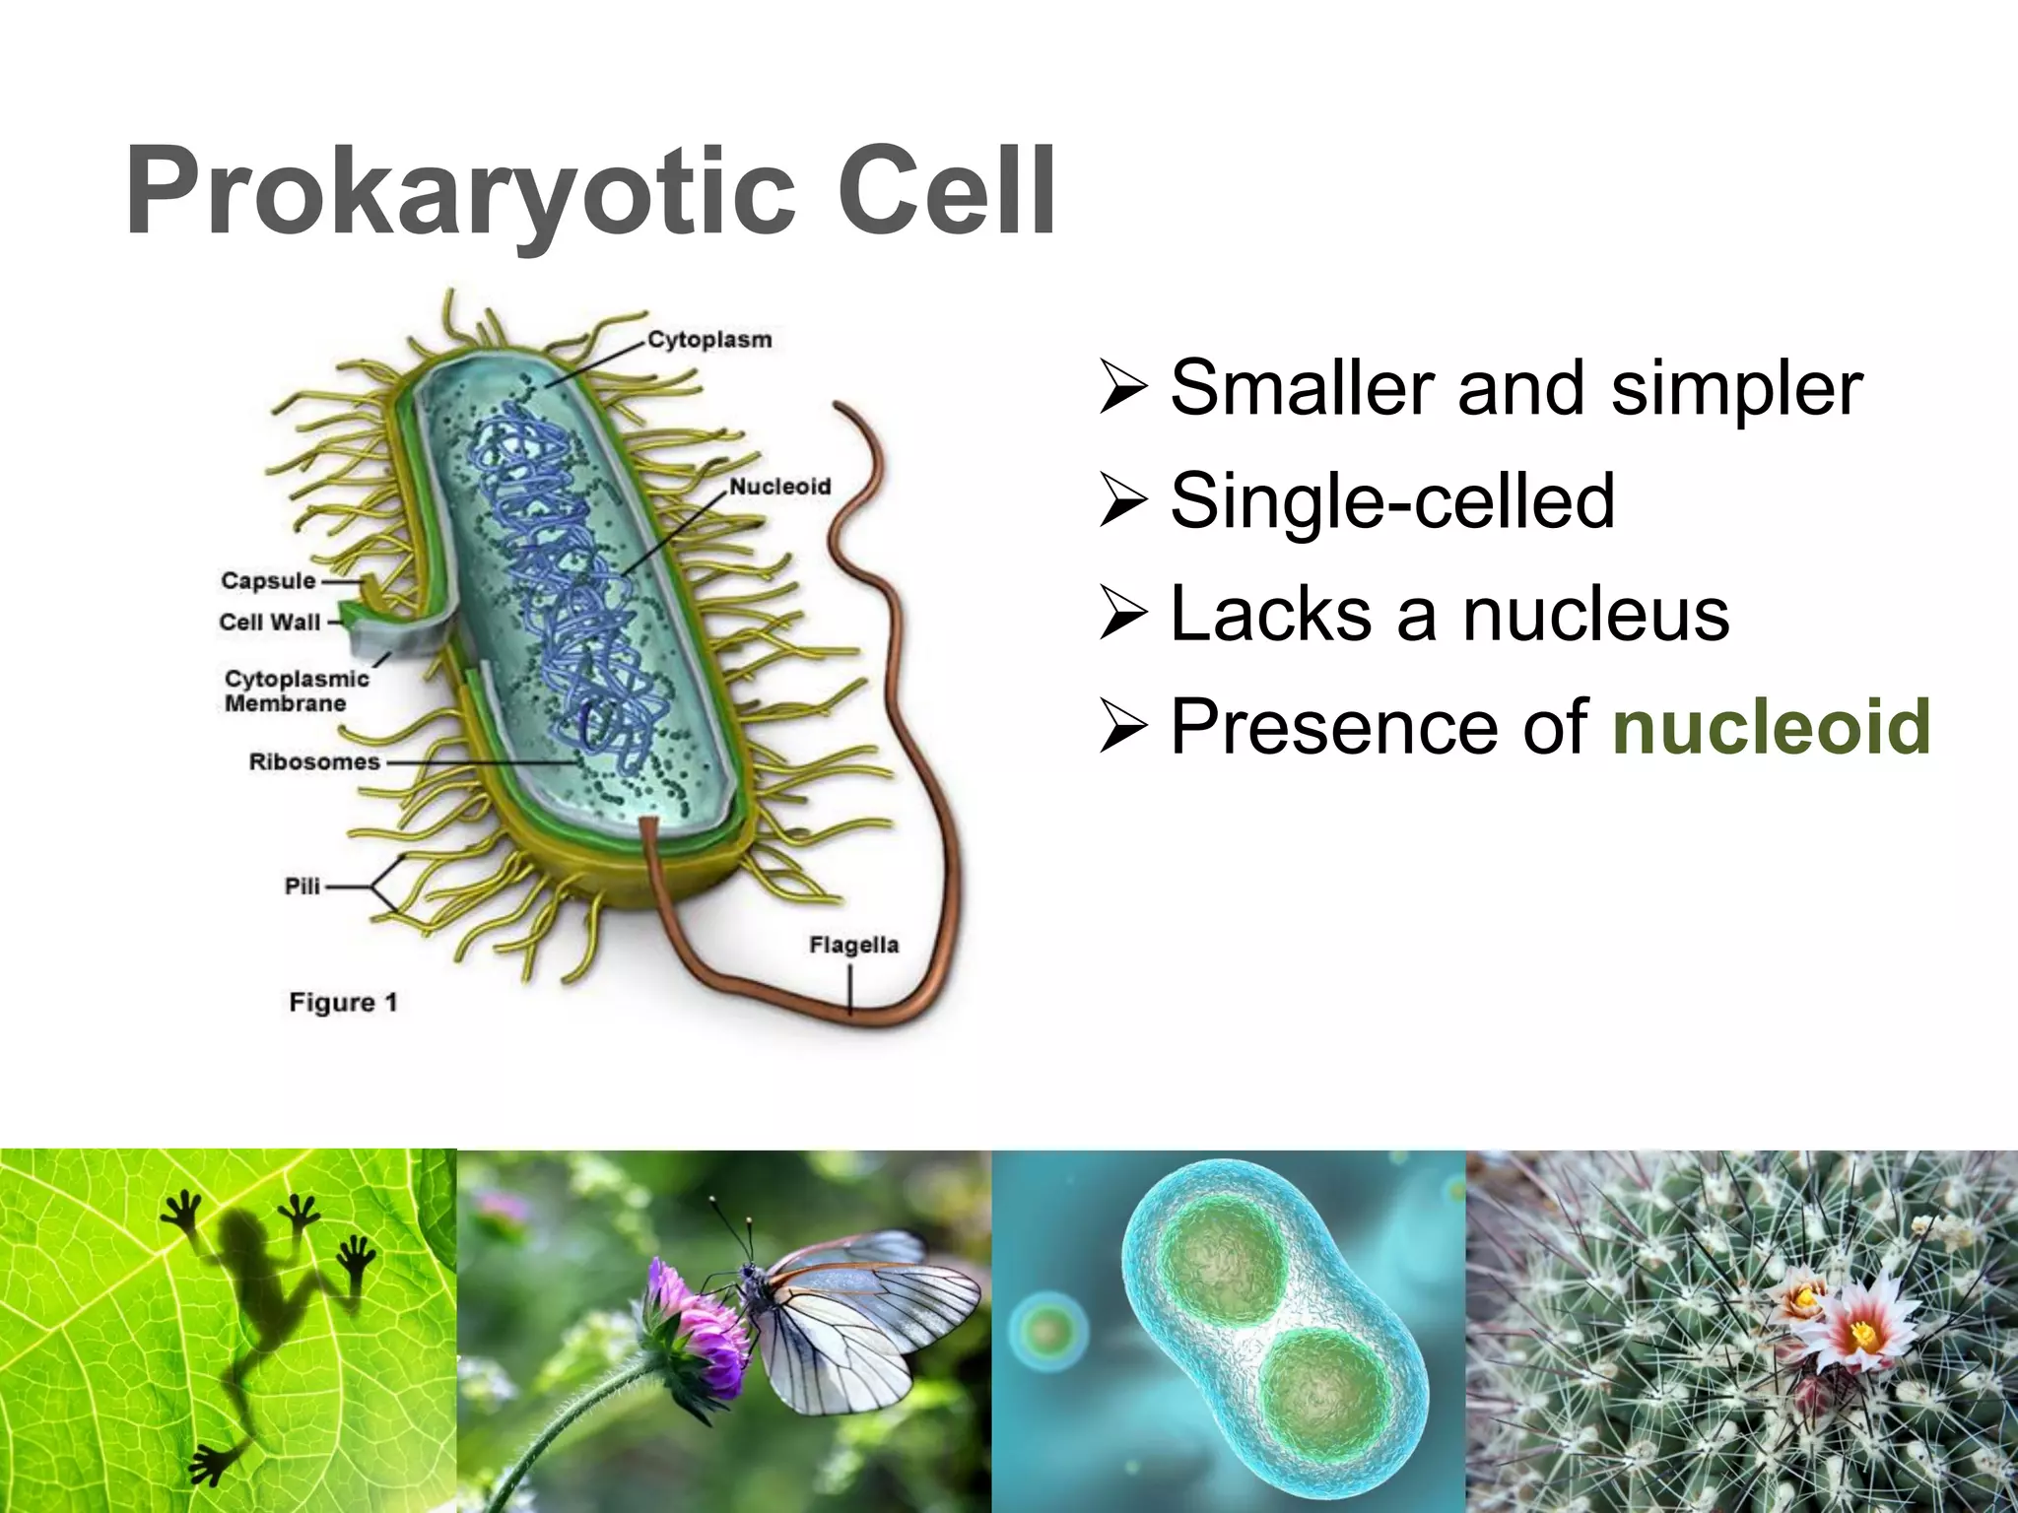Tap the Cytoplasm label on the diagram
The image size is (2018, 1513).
tap(709, 340)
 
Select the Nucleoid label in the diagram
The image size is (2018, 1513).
tap(779, 487)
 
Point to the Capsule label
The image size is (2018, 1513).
tap(268, 581)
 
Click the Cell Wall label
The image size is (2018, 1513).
tap(269, 623)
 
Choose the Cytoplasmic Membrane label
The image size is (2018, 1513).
tap(295, 691)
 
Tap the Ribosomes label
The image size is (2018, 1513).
tap(313, 762)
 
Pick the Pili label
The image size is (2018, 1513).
tap(303, 887)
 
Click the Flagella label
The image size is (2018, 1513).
tap(853, 946)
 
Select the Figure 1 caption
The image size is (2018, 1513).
tap(342, 1003)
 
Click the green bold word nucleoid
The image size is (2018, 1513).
tap(1771, 727)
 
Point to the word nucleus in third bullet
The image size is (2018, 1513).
tap(1595, 615)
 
